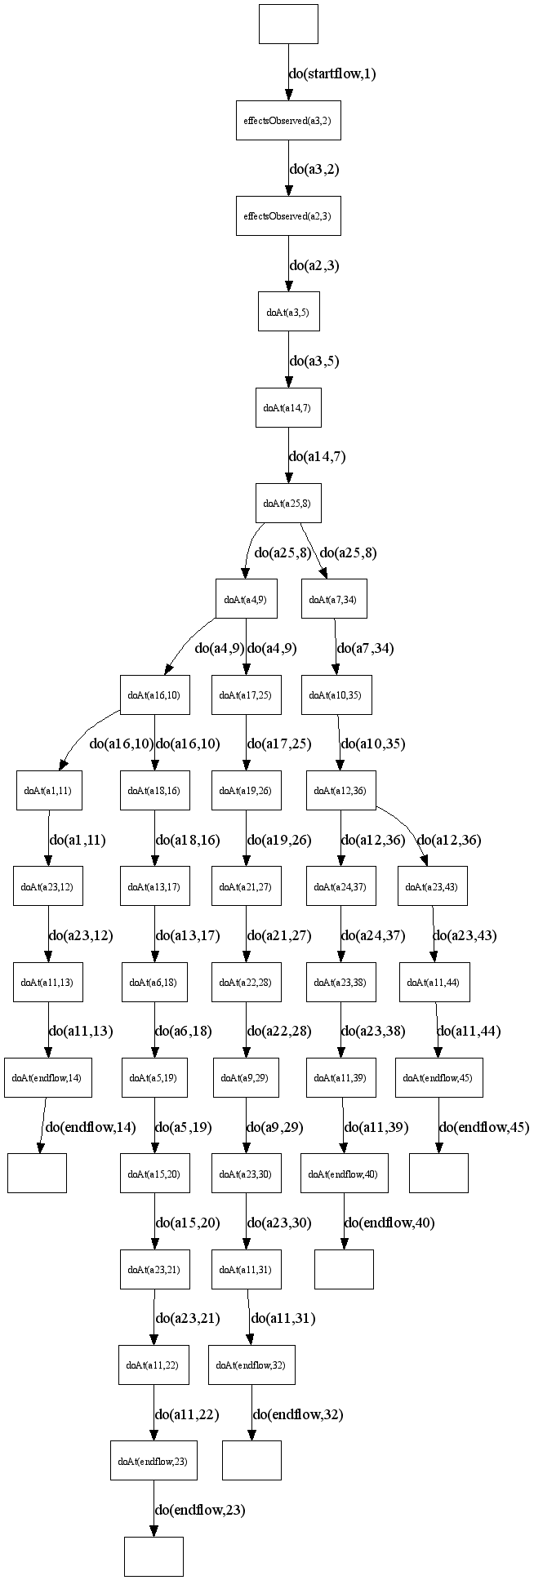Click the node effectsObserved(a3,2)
click(x=287, y=121)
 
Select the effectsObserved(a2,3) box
click(x=287, y=216)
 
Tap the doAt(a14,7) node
click(x=287, y=407)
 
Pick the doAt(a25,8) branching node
click(x=287, y=503)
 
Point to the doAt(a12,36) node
click(x=340, y=791)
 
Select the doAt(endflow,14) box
click(x=47, y=1078)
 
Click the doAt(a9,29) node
click(x=246, y=1078)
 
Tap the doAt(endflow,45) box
click(x=438, y=1078)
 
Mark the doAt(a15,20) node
click(x=154, y=1174)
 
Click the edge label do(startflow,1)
click(x=332, y=73)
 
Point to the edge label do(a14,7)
click(x=318, y=457)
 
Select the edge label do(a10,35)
click(x=373, y=743)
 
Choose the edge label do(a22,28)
click(x=279, y=1031)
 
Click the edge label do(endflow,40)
click(x=390, y=1223)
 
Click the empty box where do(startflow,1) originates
click(x=287, y=24)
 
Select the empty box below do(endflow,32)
click(x=251, y=1461)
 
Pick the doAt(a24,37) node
click(x=340, y=887)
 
